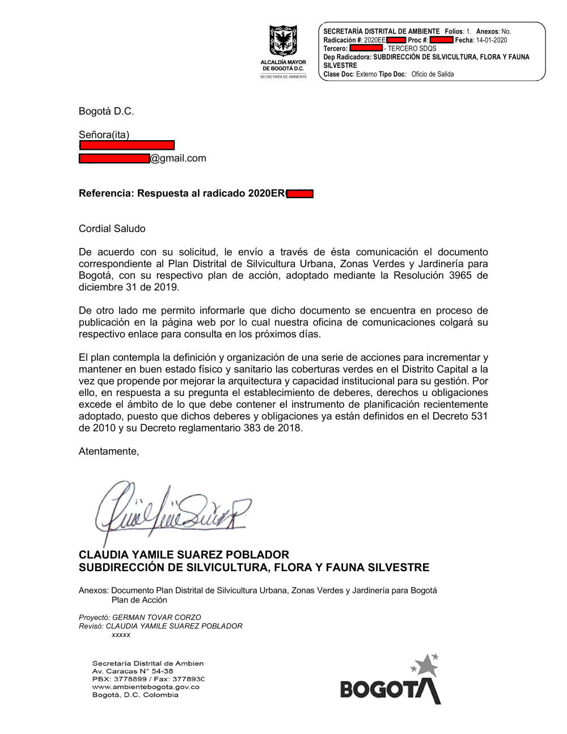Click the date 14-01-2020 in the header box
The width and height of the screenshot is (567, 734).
coord(492,40)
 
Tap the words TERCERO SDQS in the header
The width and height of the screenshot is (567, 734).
coord(412,49)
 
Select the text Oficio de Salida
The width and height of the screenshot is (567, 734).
coord(433,74)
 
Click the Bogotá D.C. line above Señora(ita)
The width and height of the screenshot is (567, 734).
coord(106,111)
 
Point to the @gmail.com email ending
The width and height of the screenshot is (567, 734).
coord(178,158)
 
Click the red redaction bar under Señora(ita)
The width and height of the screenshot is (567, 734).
coord(126,146)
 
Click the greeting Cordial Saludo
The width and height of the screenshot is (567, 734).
coord(112,229)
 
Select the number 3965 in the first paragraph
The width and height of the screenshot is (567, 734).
coord(460,276)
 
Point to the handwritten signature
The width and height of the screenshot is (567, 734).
coord(170,508)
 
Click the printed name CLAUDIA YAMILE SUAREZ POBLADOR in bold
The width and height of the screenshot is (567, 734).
coord(184,555)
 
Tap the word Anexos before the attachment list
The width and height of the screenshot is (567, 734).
coord(93,590)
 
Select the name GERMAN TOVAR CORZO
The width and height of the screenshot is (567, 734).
coord(156,617)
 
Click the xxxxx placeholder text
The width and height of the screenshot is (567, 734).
coord(121,635)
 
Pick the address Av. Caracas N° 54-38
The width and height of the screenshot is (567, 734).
coord(133,671)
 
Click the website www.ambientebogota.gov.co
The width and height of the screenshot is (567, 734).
coord(146,687)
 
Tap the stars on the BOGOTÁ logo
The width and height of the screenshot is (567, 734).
coord(426,664)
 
